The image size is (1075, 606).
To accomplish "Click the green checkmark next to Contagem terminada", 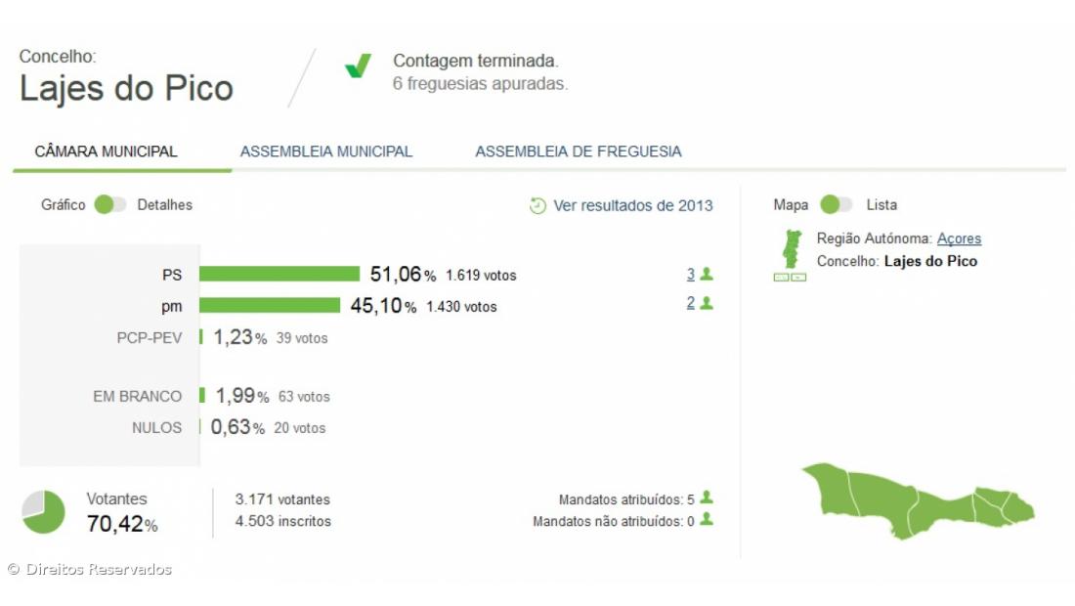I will (x=358, y=66).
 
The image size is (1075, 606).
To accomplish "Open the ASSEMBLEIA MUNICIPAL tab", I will (x=326, y=151).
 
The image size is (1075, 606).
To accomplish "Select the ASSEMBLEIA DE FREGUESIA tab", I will (x=579, y=151).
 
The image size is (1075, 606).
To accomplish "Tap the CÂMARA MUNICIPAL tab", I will (x=106, y=151).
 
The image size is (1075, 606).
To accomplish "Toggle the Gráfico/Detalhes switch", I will (x=109, y=205).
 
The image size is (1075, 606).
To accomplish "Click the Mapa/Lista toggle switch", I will (x=836, y=205).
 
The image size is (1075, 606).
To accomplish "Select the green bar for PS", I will (x=279, y=275).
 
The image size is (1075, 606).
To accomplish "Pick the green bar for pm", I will (x=270, y=306).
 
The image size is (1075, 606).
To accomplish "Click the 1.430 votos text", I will (x=461, y=307).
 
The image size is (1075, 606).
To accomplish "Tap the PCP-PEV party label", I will (x=149, y=338).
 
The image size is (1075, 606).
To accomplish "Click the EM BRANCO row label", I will (x=137, y=396).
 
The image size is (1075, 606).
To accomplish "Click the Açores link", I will (x=959, y=238).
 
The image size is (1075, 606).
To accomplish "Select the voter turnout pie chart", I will (x=43, y=512).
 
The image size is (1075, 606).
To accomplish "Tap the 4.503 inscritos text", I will (x=282, y=521).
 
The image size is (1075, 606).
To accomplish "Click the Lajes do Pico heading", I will (x=126, y=88).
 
